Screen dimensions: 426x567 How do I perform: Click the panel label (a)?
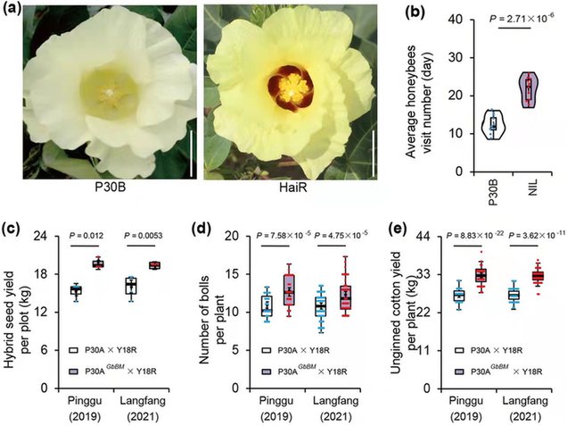[x=12, y=11]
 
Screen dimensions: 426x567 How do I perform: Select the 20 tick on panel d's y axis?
[x=238, y=237]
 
